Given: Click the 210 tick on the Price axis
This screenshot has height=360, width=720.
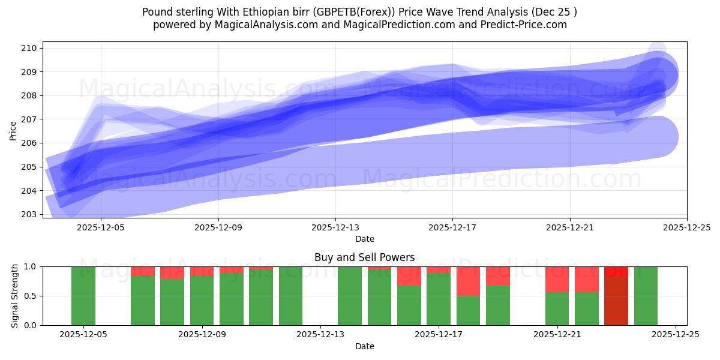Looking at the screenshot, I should pos(31,48).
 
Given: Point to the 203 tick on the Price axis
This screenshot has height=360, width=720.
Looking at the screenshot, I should pos(31,214).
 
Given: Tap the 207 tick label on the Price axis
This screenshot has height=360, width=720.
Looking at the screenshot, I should pos(31,119).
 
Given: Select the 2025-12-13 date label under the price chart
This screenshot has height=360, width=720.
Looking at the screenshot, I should pos(335,228).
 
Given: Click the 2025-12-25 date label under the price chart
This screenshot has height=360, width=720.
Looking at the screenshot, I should pos(686,228).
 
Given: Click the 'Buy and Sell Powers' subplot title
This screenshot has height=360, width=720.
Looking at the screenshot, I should pos(364,257).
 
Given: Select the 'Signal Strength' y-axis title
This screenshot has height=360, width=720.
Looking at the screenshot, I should pos(15,296).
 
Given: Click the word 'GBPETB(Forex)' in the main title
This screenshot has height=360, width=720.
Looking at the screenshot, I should pos(349,12).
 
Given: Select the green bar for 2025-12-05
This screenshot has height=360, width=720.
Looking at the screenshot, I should pos(83,296).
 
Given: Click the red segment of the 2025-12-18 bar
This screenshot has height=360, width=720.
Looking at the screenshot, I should pos(469,281).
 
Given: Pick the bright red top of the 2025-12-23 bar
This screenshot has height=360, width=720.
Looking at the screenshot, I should pos(616,271).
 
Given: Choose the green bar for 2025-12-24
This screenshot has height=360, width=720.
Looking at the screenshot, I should pos(646,296).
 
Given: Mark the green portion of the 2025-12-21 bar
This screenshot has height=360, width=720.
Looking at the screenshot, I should pos(557,308).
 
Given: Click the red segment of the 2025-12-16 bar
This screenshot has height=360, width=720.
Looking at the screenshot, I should pos(409,275).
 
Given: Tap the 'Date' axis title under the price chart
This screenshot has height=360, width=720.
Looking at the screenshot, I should pos(364,239).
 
